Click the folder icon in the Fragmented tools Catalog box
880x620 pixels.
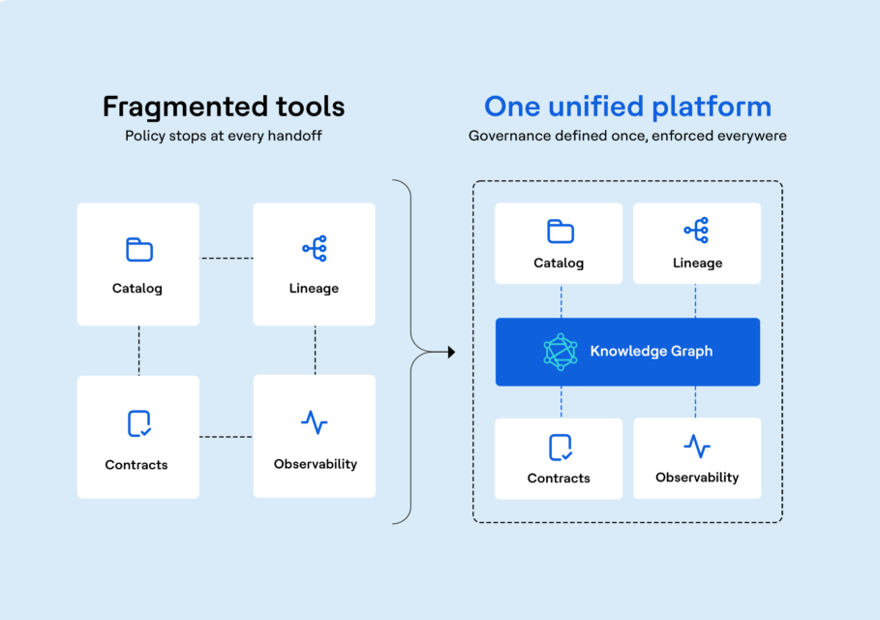[139, 250]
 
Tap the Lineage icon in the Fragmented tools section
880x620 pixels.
[315, 248]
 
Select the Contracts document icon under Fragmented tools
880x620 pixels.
[139, 423]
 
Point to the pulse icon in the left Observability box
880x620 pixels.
[315, 422]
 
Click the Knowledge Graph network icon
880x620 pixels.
[561, 352]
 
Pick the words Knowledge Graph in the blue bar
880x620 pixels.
[651, 352]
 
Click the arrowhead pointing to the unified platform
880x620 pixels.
[451, 352]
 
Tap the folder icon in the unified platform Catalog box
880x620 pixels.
[561, 231]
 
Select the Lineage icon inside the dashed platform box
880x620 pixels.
[696, 231]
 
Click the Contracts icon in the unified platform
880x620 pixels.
[561, 448]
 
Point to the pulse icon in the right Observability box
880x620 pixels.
[697, 447]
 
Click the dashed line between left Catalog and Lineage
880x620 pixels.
[227, 259]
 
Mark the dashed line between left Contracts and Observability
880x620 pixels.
[227, 436]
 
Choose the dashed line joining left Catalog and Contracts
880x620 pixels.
[139, 351]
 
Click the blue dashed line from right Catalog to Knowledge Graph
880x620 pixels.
[561, 301]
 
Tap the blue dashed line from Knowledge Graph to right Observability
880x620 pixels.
[696, 401]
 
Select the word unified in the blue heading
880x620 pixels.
[596, 107]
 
